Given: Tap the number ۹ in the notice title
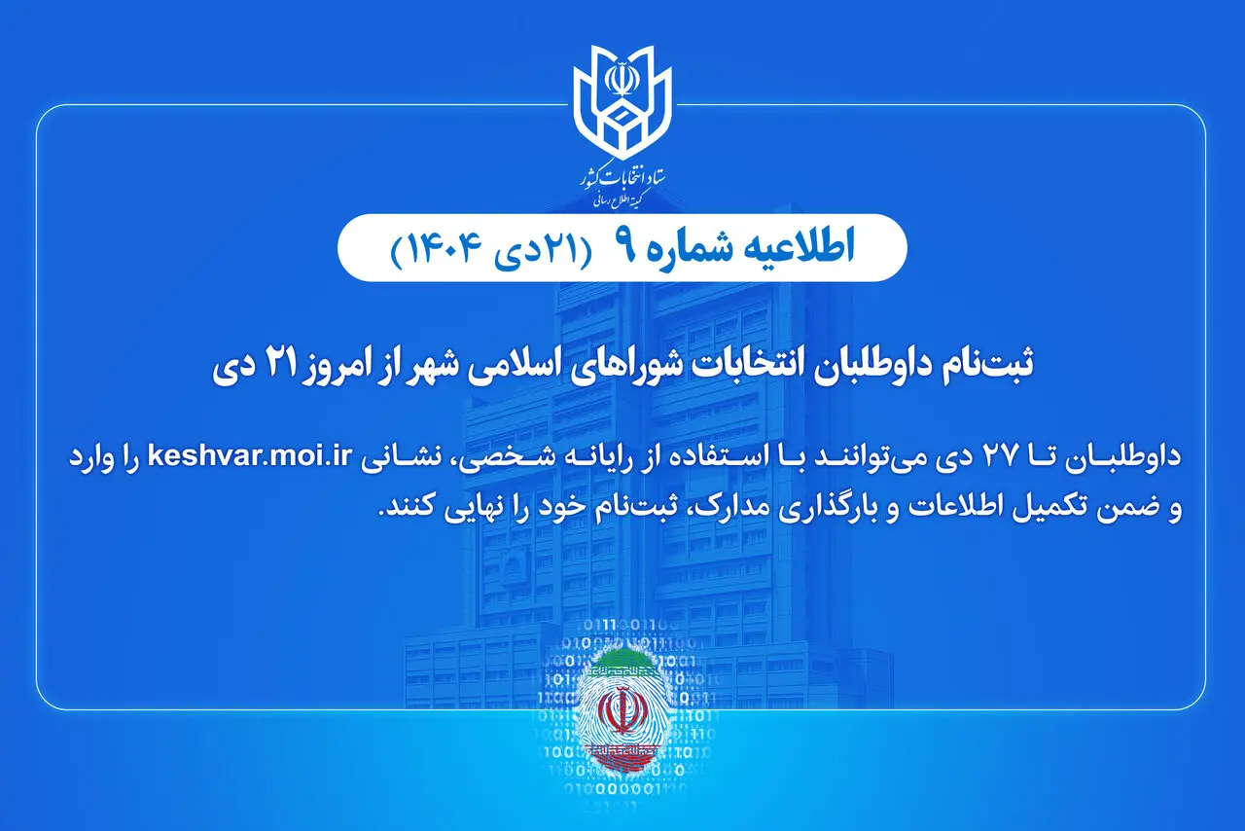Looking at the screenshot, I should [x=623, y=250].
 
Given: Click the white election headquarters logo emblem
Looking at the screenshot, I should [x=622, y=97].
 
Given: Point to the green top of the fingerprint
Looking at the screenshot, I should [x=622, y=666].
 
